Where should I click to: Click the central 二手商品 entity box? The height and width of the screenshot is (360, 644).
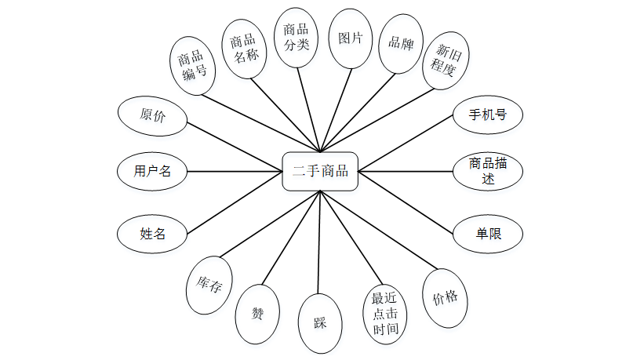[320, 171]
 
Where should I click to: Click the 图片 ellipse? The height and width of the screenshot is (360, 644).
[350, 38]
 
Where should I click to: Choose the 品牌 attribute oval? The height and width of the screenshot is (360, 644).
[401, 43]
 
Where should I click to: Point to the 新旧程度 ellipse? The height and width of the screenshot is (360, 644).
[444, 64]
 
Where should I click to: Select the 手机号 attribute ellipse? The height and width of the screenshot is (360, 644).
[488, 116]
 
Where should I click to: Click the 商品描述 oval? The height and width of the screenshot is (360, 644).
[488, 171]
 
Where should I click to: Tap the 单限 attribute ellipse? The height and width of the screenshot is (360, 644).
[488, 234]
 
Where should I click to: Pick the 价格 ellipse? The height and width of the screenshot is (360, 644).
[445, 299]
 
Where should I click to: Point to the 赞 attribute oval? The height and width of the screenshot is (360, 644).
[257, 314]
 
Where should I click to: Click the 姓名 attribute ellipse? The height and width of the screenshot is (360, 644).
[152, 233]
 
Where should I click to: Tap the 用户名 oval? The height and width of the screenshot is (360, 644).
[152, 171]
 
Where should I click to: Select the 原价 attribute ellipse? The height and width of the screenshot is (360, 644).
[152, 116]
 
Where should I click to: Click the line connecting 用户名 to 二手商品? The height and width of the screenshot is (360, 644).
[235, 171]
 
